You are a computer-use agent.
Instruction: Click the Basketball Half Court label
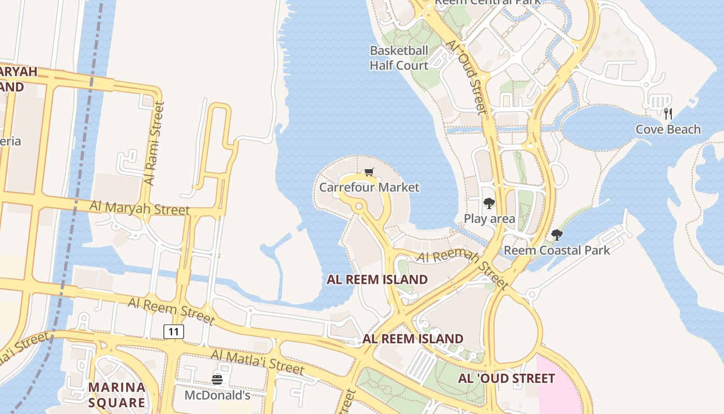coord(399,58)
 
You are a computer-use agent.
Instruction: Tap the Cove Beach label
coord(668,129)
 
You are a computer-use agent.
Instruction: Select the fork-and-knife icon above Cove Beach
coord(668,113)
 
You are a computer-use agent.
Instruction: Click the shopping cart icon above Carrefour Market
coord(369,172)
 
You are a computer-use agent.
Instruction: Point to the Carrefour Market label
coord(369,187)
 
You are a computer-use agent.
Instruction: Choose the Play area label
coord(489,218)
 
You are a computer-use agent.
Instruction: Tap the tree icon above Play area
coord(489,203)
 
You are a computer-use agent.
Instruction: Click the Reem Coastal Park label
coord(557,250)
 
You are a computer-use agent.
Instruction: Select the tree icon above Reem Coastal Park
coord(556,235)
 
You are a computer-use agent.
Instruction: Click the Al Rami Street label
coord(154,143)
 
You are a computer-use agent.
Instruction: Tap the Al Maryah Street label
coord(140,208)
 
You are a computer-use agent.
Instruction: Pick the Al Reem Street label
coord(171,310)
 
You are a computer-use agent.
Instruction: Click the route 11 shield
coord(174,331)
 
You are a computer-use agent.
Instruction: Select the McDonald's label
coord(218,395)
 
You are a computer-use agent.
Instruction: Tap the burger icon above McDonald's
coord(217,380)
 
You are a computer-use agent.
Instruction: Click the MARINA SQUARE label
coord(116,395)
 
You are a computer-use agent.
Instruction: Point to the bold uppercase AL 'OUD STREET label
coord(506,378)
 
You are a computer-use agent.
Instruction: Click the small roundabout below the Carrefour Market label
coord(359,206)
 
